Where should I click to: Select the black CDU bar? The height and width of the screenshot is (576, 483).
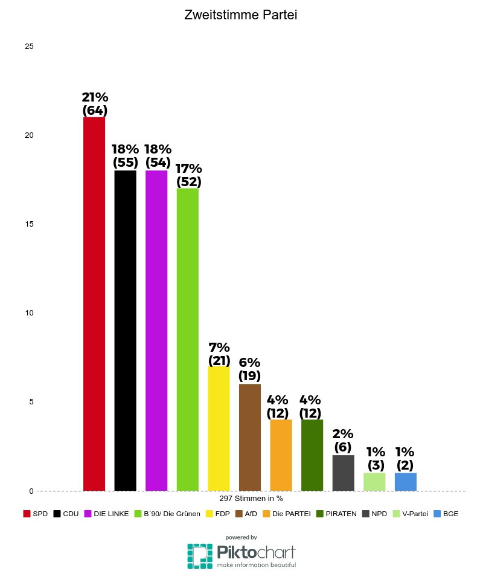click(125, 330)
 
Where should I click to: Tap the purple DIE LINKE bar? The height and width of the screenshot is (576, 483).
click(156, 330)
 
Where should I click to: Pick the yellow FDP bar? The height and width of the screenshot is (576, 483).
click(219, 428)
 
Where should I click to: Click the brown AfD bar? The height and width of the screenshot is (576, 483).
click(250, 437)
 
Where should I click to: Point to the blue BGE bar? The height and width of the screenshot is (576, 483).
click(405, 481)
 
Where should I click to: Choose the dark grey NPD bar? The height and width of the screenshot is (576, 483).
click(343, 473)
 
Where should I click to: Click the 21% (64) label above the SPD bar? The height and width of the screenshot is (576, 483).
click(94, 104)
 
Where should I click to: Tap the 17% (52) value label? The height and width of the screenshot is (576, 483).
click(188, 175)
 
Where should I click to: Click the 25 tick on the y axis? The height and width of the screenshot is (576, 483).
click(29, 47)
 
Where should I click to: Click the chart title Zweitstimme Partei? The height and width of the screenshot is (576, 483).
click(241, 16)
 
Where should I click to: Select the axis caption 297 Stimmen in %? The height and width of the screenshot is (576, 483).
click(251, 499)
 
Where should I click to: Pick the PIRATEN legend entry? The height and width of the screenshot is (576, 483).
click(336, 514)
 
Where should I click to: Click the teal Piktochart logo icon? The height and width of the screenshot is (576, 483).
click(199, 555)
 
